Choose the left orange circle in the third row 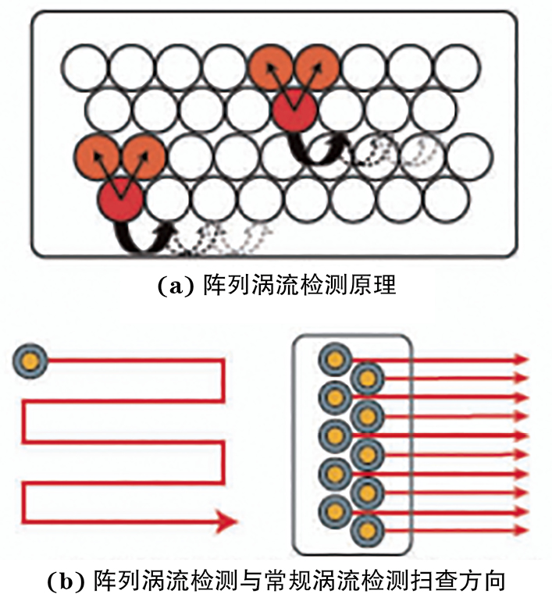coord(98,155)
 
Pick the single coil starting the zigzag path coord(30,361)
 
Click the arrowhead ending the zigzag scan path coord(226,519)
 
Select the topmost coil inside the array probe coord(335,360)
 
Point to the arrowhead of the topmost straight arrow coord(521,361)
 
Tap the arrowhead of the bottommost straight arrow coord(521,531)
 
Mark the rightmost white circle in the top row coord(454,67)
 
